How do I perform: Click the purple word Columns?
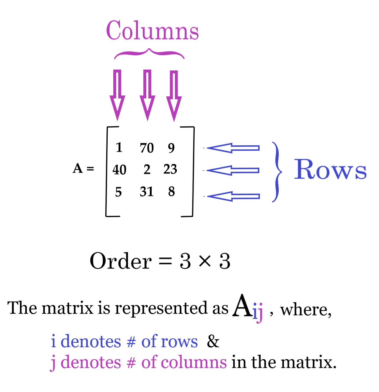pyautogui.click(x=152, y=31)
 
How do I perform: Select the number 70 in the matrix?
pyautogui.click(x=147, y=148)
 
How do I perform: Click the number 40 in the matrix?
pyautogui.click(x=119, y=170)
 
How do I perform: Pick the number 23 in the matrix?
pyautogui.click(x=170, y=169)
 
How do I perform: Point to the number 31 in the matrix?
pyautogui.click(x=147, y=192)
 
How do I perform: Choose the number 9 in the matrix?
pyautogui.click(x=171, y=148)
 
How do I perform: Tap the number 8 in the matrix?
pyautogui.click(x=171, y=192)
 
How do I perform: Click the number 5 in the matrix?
pyautogui.click(x=118, y=192)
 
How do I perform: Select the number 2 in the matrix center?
pyautogui.click(x=147, y=169)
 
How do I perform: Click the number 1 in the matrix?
pyautogui.click(x=119, y=147)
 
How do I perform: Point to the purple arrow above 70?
pyautogui.click(x=147, y=94)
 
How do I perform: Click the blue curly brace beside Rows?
pyautogui.click(x=276, y=172)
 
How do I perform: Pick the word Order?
pyautogui.click(x=121, y=261)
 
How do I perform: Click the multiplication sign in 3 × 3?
pyautogui.click(x=205, y=261)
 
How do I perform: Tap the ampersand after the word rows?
pyautogui.click(x=213, y=342)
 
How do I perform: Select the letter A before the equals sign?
pyautogui.click(x=78, y=168)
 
